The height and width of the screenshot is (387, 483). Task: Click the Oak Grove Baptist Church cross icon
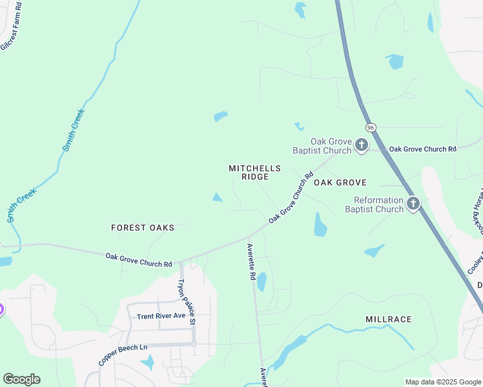362,146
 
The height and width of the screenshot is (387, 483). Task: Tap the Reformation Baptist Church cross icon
413,204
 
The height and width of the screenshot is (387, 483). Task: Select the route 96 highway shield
370,128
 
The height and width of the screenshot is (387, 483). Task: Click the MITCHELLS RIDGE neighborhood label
255,172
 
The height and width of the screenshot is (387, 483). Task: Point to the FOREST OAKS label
143,228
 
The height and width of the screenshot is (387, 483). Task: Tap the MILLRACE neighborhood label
388,319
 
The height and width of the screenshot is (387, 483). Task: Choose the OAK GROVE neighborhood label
340,183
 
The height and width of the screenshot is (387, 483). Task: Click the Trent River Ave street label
161,316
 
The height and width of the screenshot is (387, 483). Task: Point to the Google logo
21,379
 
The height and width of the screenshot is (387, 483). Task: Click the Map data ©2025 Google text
442,382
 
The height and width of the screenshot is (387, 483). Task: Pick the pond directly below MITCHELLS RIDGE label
218,197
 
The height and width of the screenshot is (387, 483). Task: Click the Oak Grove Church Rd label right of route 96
422,149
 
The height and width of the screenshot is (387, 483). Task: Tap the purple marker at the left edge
1,310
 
